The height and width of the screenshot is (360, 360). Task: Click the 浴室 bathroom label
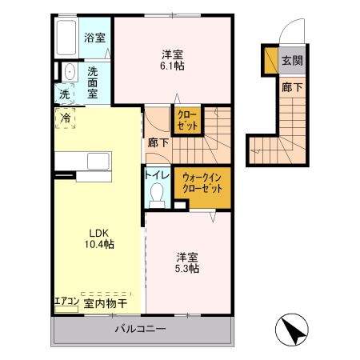coord(95,38)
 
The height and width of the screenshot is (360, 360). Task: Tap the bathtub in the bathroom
coord(66,36)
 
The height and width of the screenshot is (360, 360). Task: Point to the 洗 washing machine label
coord(64,94)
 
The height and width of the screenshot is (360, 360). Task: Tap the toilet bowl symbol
coord(157,193)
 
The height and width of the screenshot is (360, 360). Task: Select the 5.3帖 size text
coord(188,270)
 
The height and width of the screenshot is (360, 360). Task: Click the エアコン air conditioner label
coord(66,302)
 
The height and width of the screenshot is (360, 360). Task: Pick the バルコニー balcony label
coord(139,329)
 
